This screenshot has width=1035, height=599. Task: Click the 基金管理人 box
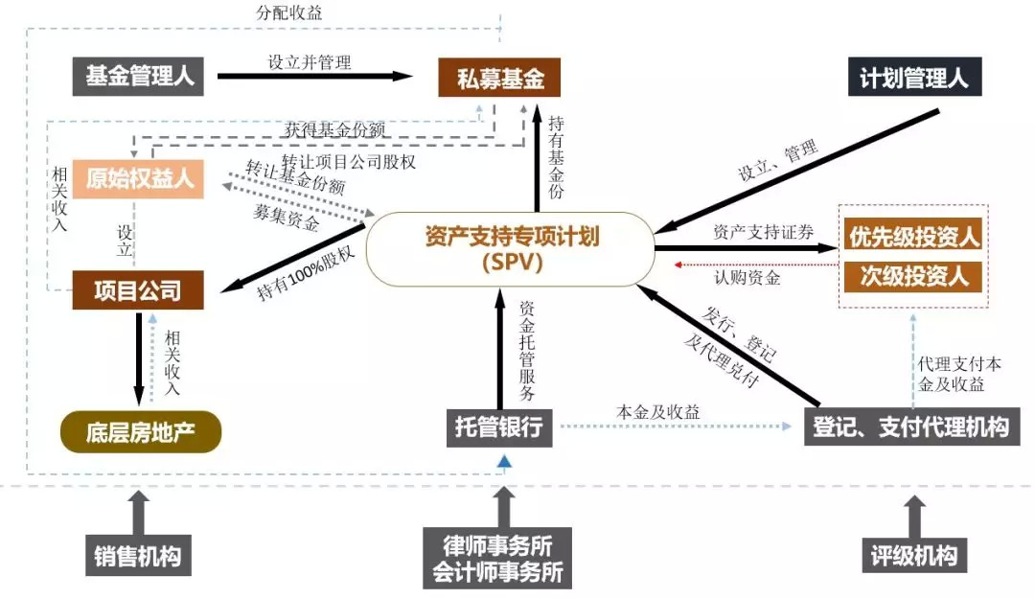(x=139, y=77)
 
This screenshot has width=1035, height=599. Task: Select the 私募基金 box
(x=498, y=78)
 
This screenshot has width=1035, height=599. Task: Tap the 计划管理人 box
(x=914, y=78)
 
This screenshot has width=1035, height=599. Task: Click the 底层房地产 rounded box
(x=140, y=432)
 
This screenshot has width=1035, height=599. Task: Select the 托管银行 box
(x=499, y=426)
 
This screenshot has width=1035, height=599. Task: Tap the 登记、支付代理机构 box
(x=910, y=426)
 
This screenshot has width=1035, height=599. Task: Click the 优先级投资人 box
(x=914, y=236)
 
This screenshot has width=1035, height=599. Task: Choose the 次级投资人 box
(x=914, y=277)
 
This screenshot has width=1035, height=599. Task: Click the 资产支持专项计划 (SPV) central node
(x=512, y=248)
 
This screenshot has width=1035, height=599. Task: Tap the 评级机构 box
(x=913, y=555)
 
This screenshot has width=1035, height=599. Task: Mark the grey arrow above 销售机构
(x=138, y=512)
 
